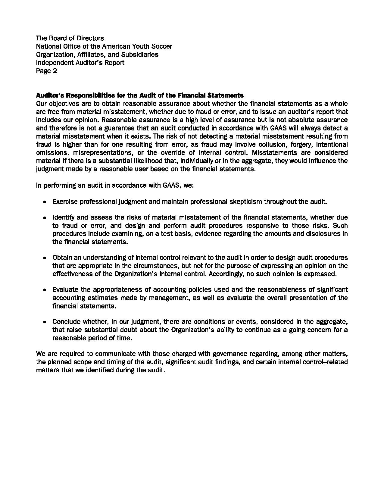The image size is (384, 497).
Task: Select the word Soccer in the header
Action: (161, 46)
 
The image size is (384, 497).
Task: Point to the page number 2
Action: (55, 71)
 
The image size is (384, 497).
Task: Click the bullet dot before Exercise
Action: (45, 202)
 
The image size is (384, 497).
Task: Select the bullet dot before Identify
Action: (45, 218)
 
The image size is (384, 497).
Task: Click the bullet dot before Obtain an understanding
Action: (45, 258)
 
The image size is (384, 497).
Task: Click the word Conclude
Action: (67, 322)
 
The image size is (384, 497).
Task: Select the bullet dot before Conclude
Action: (45, 322)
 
